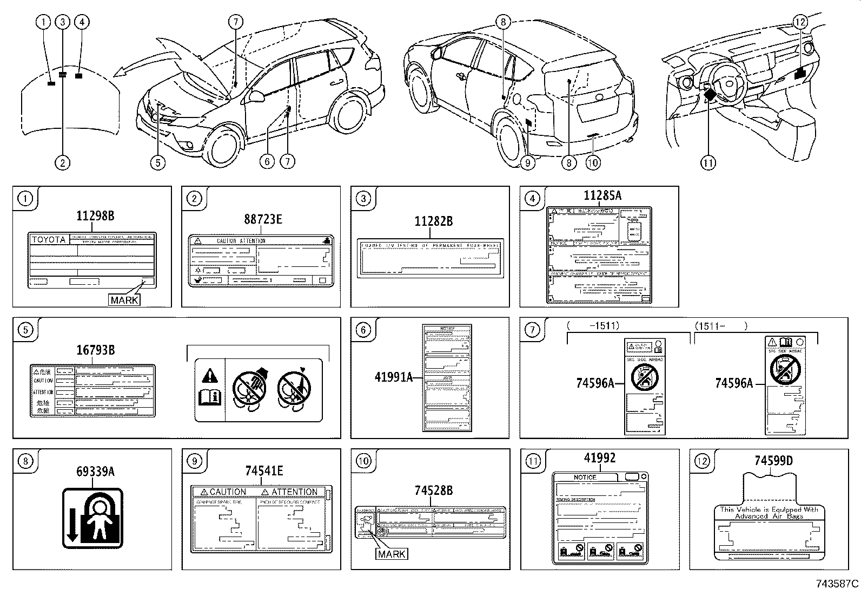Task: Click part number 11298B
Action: (95, 216)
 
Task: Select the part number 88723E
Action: (263, 219)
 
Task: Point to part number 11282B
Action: (433, 221)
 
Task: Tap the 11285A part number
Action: (602, 196)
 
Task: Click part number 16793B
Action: (95, 350)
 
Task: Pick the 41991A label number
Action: (393, 377)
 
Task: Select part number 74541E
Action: (264, 471)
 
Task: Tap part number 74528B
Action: (433, 491)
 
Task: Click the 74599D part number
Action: (773, 461)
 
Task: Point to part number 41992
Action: (600, 458)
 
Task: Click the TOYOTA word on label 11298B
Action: (49, 240)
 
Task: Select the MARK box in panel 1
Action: (124, 299)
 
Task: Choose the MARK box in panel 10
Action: (392, 554)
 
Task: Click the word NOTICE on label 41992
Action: (585, 477)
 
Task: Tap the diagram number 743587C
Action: (837, 584)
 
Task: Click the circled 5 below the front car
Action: (157, 162)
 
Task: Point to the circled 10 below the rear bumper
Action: (593, 162)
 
